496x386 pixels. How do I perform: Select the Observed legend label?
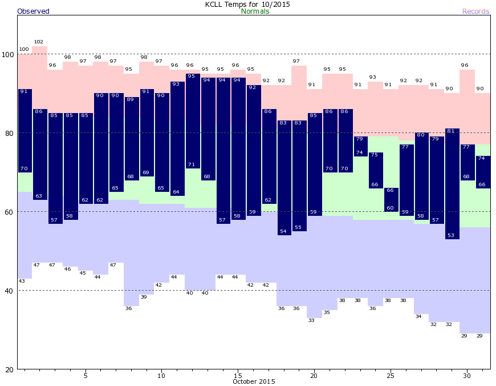coord(33,11)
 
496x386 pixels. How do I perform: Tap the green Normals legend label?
coord(255,11)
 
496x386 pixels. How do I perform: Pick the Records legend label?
coord(475,11)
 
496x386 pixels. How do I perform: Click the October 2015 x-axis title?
coord(254,381)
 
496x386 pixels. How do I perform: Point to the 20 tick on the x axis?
coord(314,376)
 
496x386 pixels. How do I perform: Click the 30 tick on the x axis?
coord(467,376)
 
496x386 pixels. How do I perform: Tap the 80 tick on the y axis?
coord(8,133)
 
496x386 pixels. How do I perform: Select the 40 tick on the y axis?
coord(8,291)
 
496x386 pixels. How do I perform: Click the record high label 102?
coord(39,42)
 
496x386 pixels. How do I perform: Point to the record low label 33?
coord(311,320)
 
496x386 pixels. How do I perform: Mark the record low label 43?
coord(22,281)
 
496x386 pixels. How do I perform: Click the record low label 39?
coord(144,297)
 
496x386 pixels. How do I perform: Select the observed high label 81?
coord(451,131)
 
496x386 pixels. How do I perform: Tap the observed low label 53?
coord(451,235)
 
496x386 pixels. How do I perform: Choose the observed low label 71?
coord(191,164)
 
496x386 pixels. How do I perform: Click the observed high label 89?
coord(131,100)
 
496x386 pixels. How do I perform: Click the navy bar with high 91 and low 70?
coord(24,130)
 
